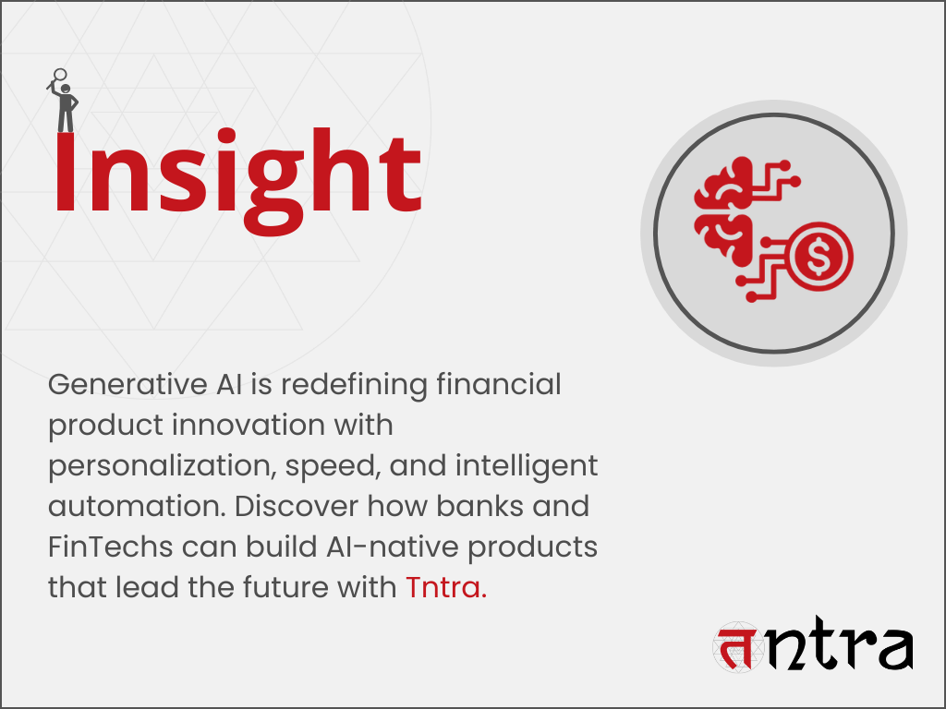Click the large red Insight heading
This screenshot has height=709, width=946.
click(236, 175)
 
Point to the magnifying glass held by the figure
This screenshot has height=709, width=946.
click(60, 76)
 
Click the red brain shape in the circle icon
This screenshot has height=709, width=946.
click(725, 212)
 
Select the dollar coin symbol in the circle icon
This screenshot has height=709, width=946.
click(819, 257)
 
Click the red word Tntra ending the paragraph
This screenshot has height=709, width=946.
click(445, 587)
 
